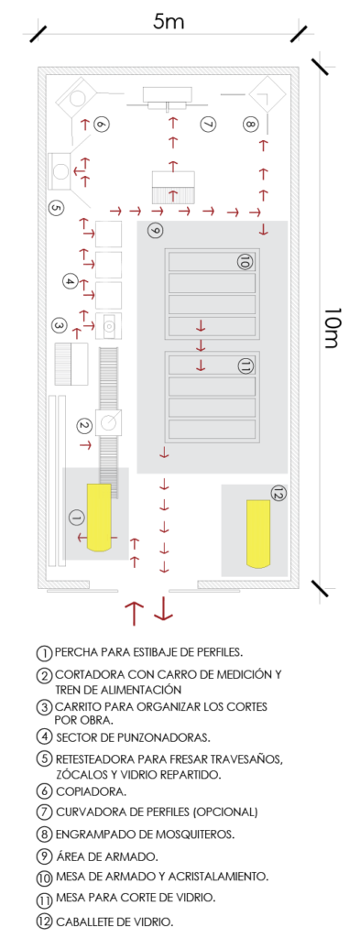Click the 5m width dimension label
pyautogui.click(x=169, y=22)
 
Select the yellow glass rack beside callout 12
pyautogui.click(x=257, y=534)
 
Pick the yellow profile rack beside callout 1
pyautogui.click(x=99, y=518)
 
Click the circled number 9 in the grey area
pyautogui.click(x=154, y=231)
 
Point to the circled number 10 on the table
pyautogui.click(x=245, y=261)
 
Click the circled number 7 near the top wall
pyautogui.click(x=208, y=124)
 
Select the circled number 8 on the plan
pyautogui.click(x=250, y=125)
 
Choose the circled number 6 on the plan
pyautogui.click(x=102, y=124)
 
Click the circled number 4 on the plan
pyautogui.click(x=70, y=280)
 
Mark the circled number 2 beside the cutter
pyautogui.click(x=84, y=425)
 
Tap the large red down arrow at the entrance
pyautogui.click(x=163, y=609)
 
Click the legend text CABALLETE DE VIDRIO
pyautogui.click(x=115, y=921)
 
